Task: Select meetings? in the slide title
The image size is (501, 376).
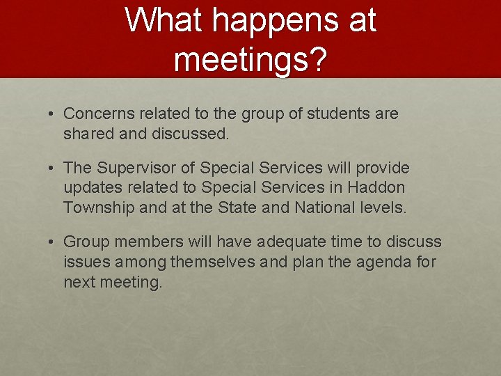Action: pos(250,60)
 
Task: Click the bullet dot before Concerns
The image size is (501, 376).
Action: pos(52,113)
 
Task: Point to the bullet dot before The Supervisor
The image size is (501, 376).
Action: pos(52,168)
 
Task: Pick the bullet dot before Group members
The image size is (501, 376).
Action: pos(52,242)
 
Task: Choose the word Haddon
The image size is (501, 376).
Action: pos(376,188)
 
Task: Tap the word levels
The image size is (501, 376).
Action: pos(383,207)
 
